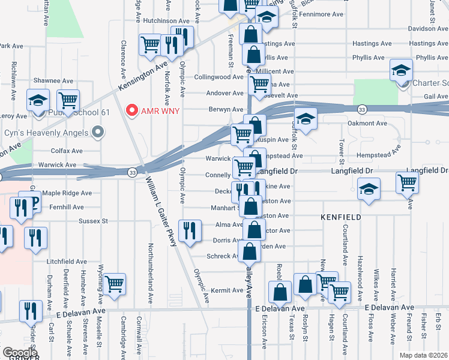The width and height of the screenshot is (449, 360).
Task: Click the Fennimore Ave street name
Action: point(322,14)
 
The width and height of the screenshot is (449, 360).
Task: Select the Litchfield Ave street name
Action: point(67,262)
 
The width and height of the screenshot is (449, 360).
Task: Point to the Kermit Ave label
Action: point(229,290)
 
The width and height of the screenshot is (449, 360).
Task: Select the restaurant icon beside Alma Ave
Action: point(190,229)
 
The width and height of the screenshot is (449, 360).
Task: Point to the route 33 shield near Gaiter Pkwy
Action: point(131,172)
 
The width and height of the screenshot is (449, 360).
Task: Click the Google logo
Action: point(20,353)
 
